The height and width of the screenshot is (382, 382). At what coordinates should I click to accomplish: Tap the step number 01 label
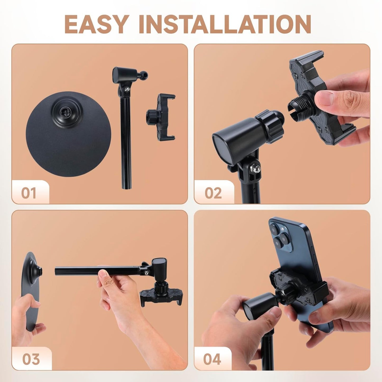[x=29, y=193]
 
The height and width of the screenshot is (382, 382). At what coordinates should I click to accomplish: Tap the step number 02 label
[x=213, y=193]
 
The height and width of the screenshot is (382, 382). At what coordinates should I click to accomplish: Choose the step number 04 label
[x=212, y=359]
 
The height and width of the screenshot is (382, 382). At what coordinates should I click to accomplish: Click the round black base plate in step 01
[x=68, y=143]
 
